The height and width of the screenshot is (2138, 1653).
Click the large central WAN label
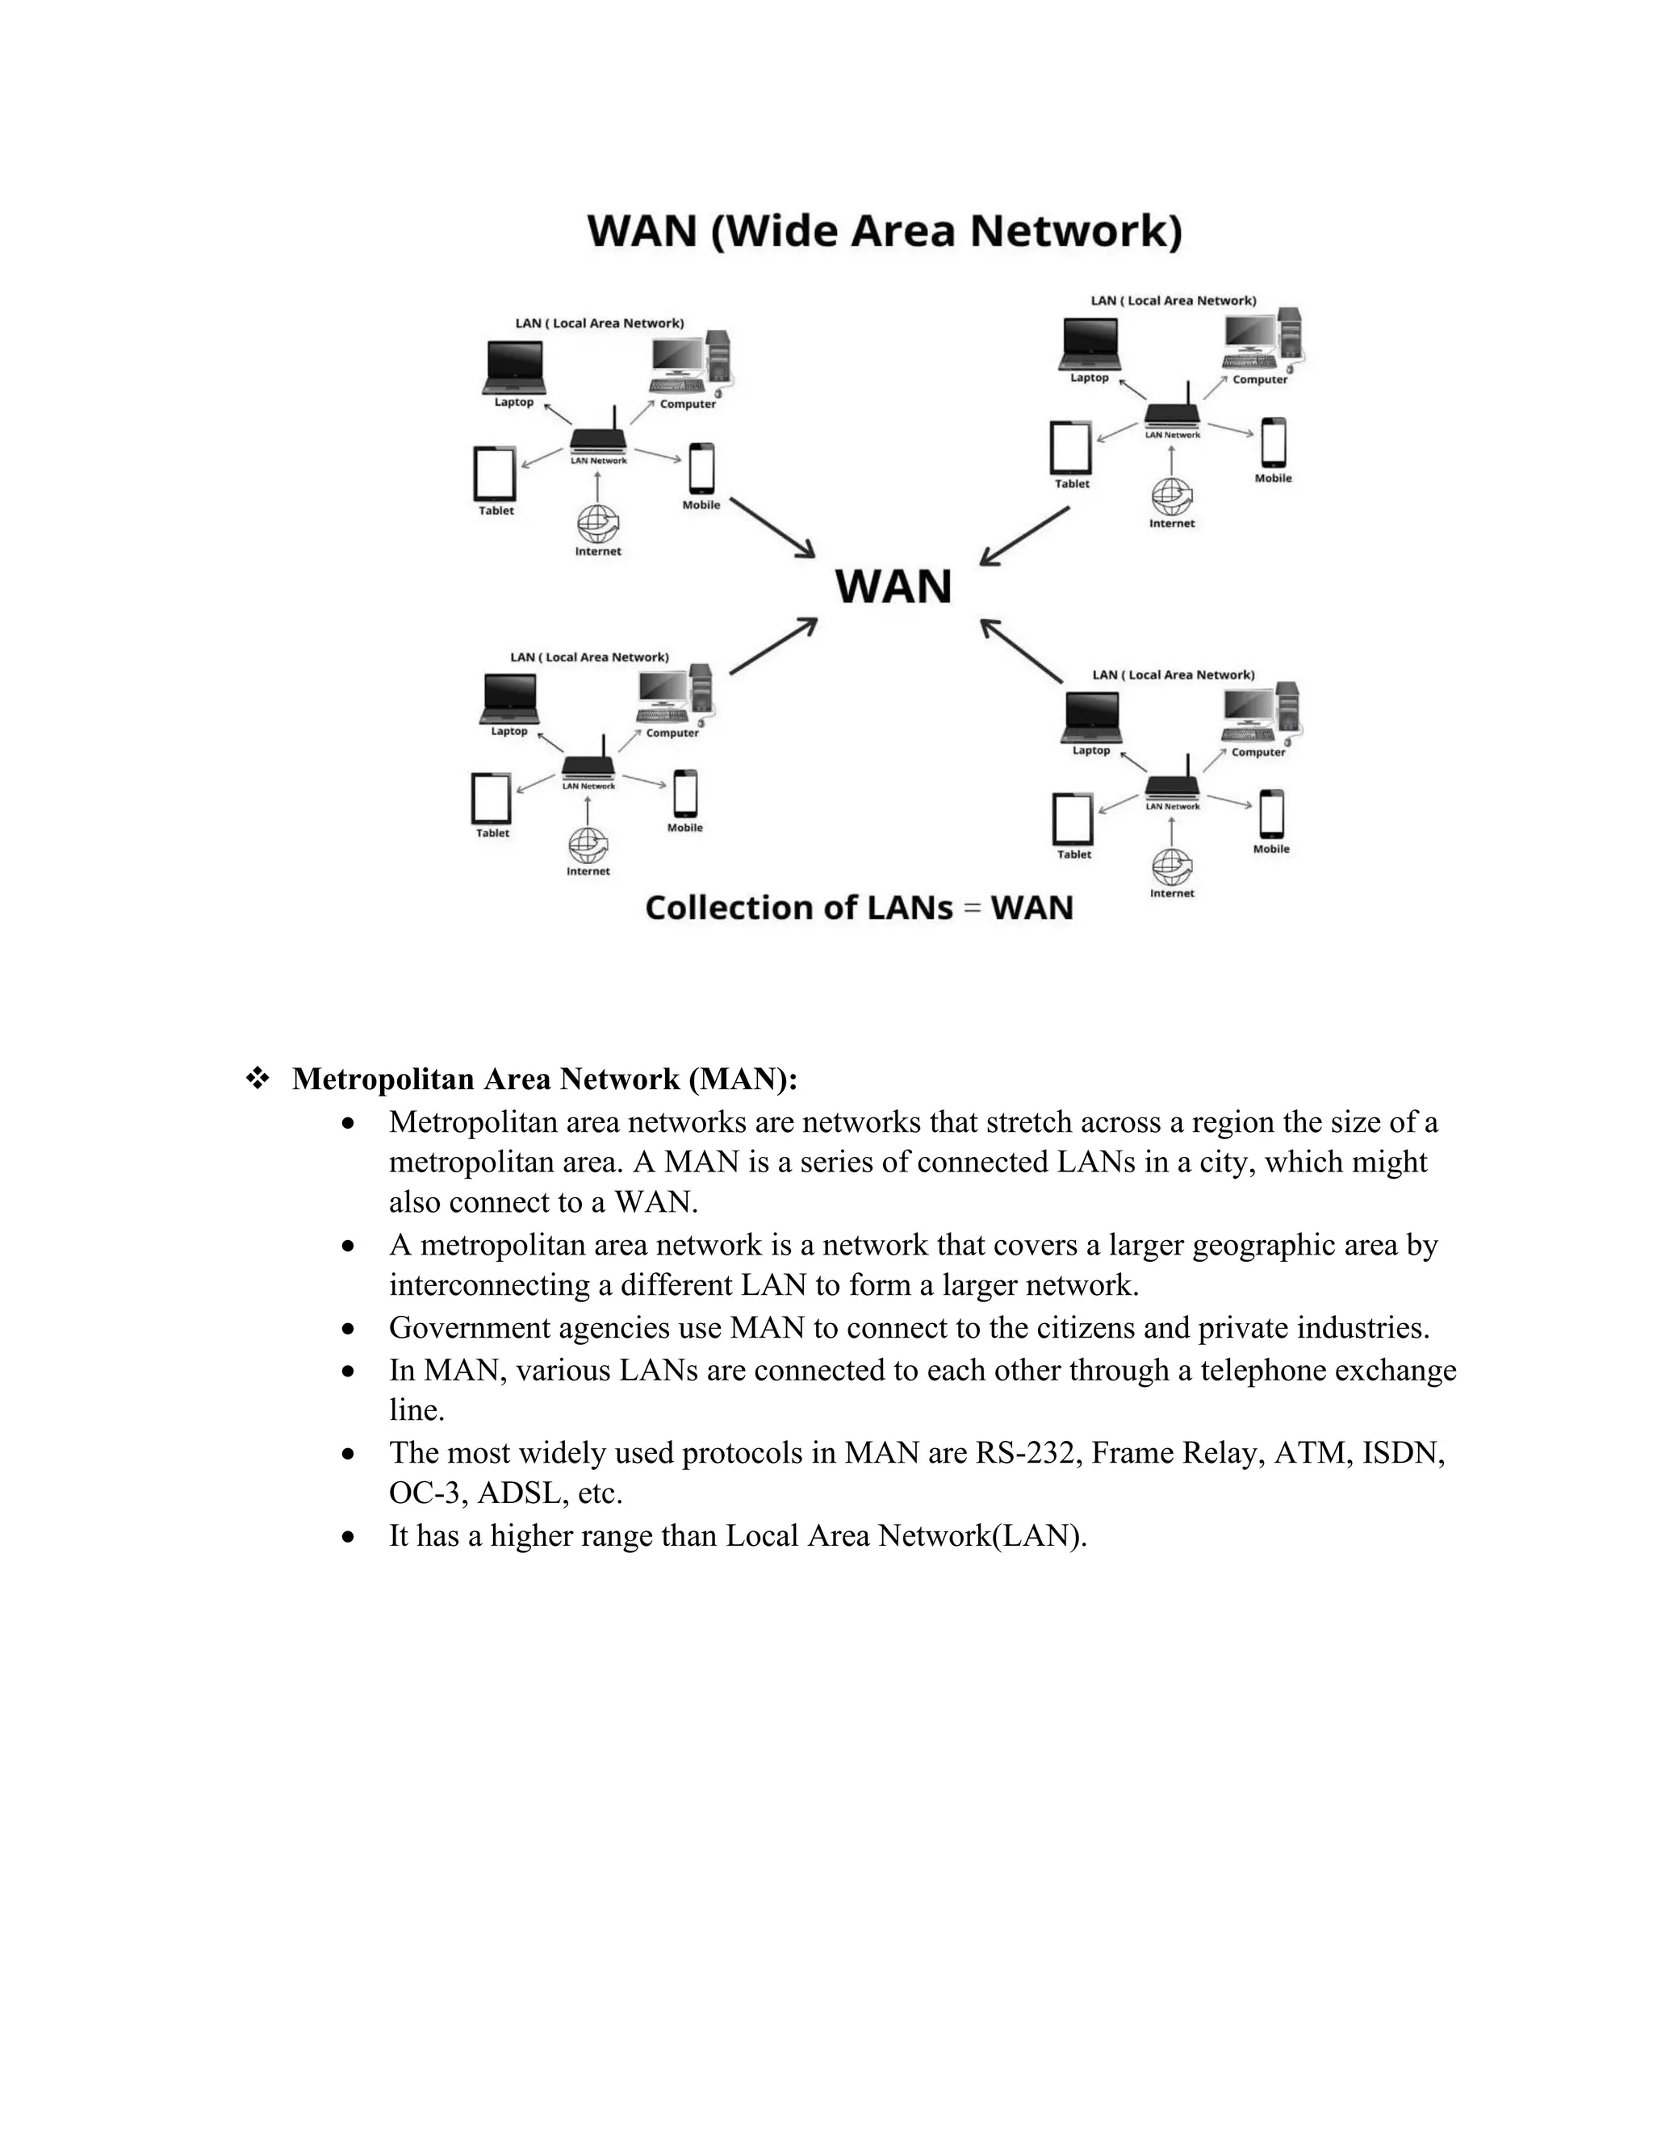tap(893, 587)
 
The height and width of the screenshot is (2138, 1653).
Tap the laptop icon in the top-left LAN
tap(514, 366)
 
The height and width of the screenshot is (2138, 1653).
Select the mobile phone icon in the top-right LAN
tap(1273, 442)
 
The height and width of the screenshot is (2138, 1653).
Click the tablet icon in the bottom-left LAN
tap(492, 799)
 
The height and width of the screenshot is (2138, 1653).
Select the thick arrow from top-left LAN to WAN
tap(772, 528)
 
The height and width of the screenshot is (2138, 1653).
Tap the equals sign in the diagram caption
tap(972, 908)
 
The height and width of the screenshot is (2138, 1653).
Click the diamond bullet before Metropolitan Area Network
tap(257, 1079)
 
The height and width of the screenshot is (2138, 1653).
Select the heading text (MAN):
tap(743, 1079)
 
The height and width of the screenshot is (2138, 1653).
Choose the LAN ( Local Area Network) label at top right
tap(1173, 301)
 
